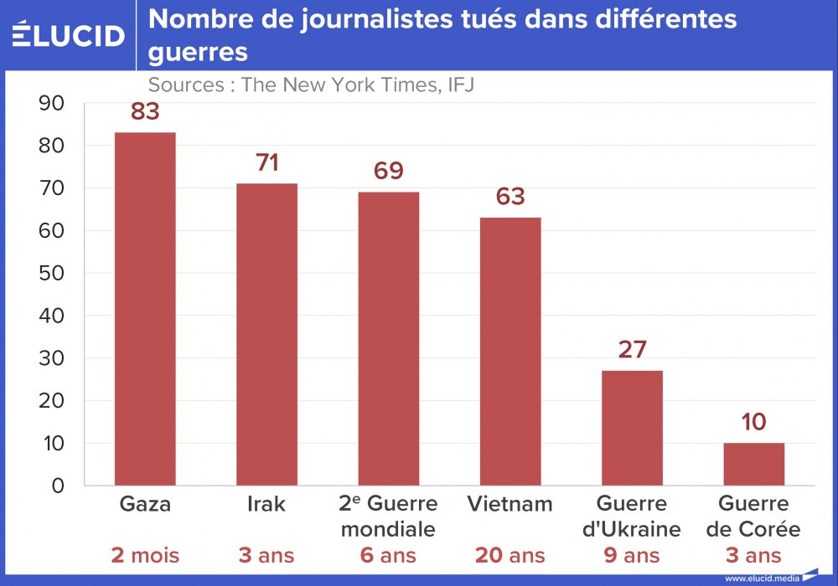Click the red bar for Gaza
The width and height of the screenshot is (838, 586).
[145, 309]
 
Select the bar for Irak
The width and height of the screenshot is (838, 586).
[266, 334]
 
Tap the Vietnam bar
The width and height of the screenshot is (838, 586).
[510, 352]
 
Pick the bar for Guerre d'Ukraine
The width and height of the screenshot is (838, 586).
[632, 428]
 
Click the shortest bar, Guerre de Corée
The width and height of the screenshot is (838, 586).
[753, 464]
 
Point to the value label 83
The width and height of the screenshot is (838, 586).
[145, 112]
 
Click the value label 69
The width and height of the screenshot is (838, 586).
[389, 172]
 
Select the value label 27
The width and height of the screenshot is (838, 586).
[632, 350]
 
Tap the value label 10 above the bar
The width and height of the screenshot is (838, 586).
[753, 423]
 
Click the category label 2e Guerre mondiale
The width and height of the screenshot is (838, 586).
[389, 517]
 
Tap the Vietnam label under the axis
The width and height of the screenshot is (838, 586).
[510, 504]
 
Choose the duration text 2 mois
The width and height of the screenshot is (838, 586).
[145, 556]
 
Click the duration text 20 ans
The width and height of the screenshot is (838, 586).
[510, 556]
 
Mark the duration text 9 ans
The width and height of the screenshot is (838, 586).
[632, 556]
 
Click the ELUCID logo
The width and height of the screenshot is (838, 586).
[68, 34]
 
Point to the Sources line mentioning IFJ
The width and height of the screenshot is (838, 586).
[311, 85]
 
